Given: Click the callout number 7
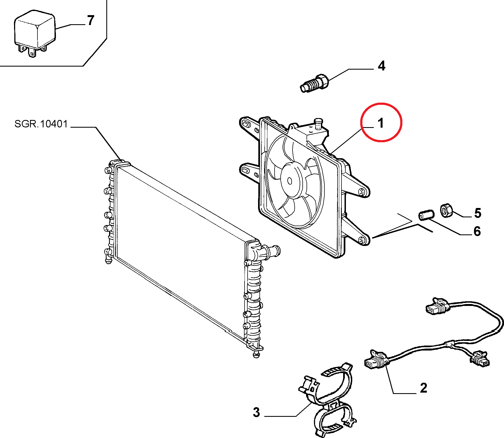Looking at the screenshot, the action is tap(91, 21).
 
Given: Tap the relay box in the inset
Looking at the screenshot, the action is tap(34, 33).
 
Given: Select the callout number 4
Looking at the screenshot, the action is tap(381, 66).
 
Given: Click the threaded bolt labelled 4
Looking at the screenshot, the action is tap(314, 83).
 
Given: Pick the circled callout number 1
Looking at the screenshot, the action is tap(381, 123).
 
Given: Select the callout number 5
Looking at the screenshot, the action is tap(478, 213).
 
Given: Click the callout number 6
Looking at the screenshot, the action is tap(477, 231).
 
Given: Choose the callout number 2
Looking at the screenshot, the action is tap(424, 388).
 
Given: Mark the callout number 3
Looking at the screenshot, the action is tap(256, 412).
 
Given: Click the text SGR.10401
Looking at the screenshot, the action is tap(41, 124).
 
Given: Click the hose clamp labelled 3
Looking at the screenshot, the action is tap(328, 400).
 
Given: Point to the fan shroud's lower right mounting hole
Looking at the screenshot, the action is tap(361, 240).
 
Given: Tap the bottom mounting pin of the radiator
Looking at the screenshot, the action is tap(256, 354).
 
